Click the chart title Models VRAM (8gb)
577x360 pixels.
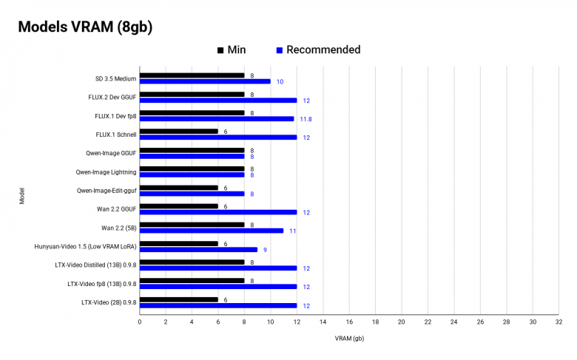[85, 27]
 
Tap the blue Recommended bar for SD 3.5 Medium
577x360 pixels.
[205, 81]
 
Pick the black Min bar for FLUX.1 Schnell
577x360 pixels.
[179, 132]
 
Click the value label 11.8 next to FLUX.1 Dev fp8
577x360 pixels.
[306, 119]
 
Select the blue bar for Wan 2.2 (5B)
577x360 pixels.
[212, 231]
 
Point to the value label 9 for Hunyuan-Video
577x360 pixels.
[265, 250]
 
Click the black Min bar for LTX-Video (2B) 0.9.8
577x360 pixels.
[179, 299]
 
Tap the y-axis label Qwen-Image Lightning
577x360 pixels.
[106, 171]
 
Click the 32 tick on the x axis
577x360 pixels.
[559, 322]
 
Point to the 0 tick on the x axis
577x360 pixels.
[140, 322]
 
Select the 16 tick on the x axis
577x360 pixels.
[349, 322]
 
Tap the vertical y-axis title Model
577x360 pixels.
[22, 196]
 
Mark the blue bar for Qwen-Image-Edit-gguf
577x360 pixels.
[192, 194]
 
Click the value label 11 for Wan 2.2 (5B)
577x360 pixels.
[293, 231]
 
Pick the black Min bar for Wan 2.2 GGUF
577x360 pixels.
[179, 206]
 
